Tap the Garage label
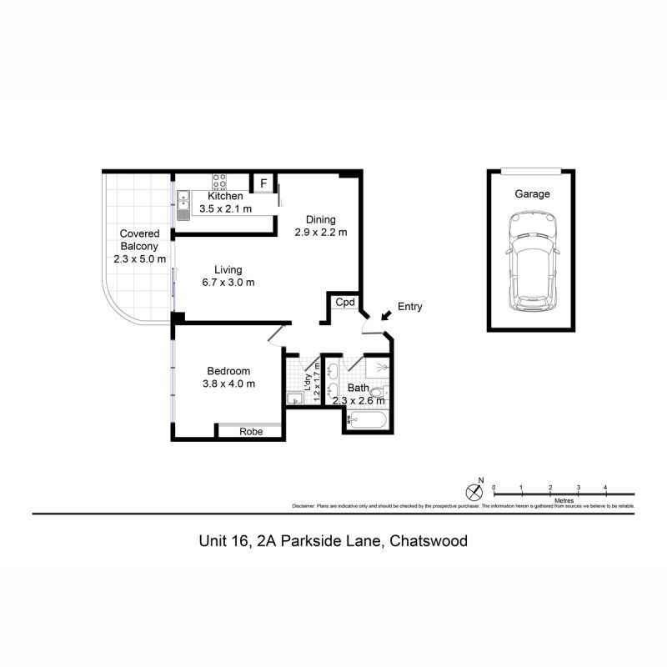pyautogui.click(x=531, y=194)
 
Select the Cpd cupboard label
pyautogui.click(x=344, y=303)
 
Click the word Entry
pyautogui.click(x=409, y=307)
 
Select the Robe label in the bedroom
pyautogui.click(x=251, y=432)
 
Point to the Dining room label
pyautogui.click(x=320, y=220)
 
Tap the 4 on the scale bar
pyautogui.click(x=605, y=487)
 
